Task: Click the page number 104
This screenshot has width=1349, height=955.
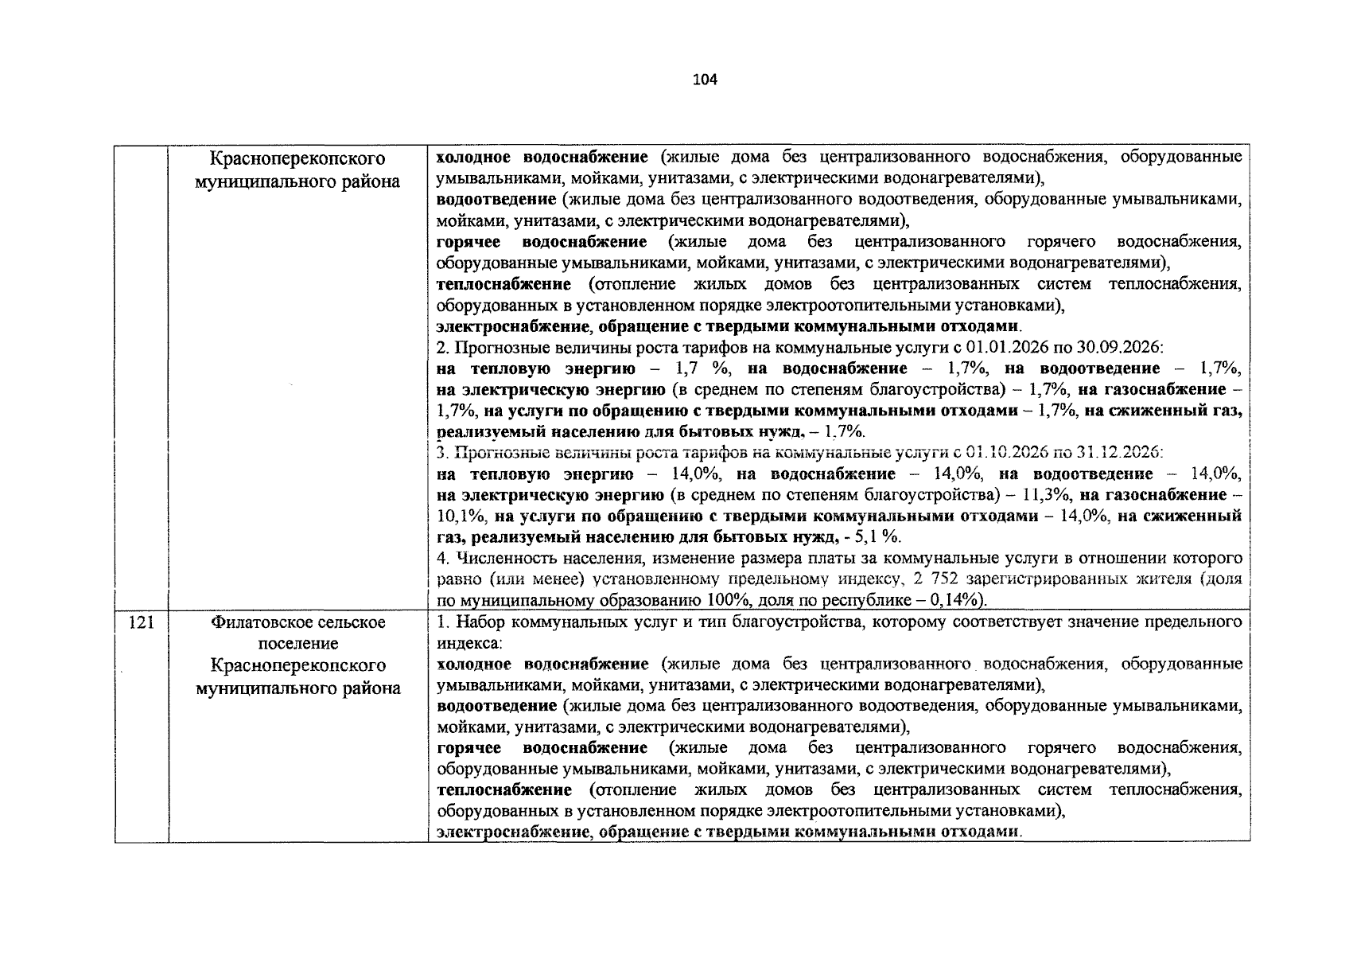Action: click(706, 80)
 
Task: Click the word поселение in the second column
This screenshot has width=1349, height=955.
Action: click(297, 644)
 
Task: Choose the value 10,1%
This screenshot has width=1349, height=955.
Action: click(457, 516)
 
